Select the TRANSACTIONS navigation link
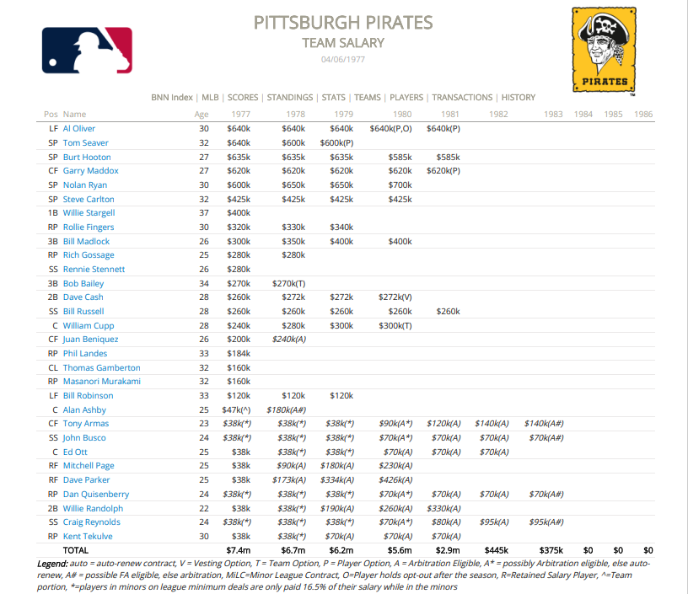(x=462, y=98)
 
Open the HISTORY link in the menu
(x=518, y=98)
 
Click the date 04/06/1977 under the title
(x=343, y=60)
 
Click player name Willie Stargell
(x=89, y=213)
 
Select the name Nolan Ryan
(x=84, y=185)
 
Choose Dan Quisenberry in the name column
(x=96, y=494)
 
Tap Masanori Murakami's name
(x=99, y=382)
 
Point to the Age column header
(x=202, y=114)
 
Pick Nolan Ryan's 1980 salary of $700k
(x=400, y=185)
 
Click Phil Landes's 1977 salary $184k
(x=239, y=354)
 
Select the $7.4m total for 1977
(x=239, y=550)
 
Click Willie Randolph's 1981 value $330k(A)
(x=444, y=508)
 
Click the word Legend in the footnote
(x=53, y=563)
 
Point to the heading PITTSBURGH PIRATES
(x=343, y=22)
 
